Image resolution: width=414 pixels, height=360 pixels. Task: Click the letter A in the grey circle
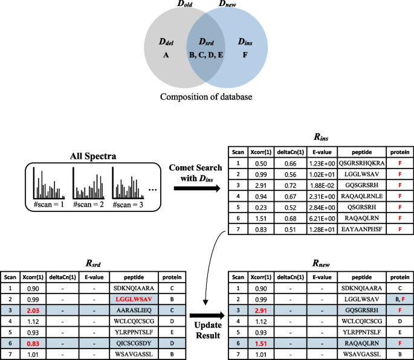165,54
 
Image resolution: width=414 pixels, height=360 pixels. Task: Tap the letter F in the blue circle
244,54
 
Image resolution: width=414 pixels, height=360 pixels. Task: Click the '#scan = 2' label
89,205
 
